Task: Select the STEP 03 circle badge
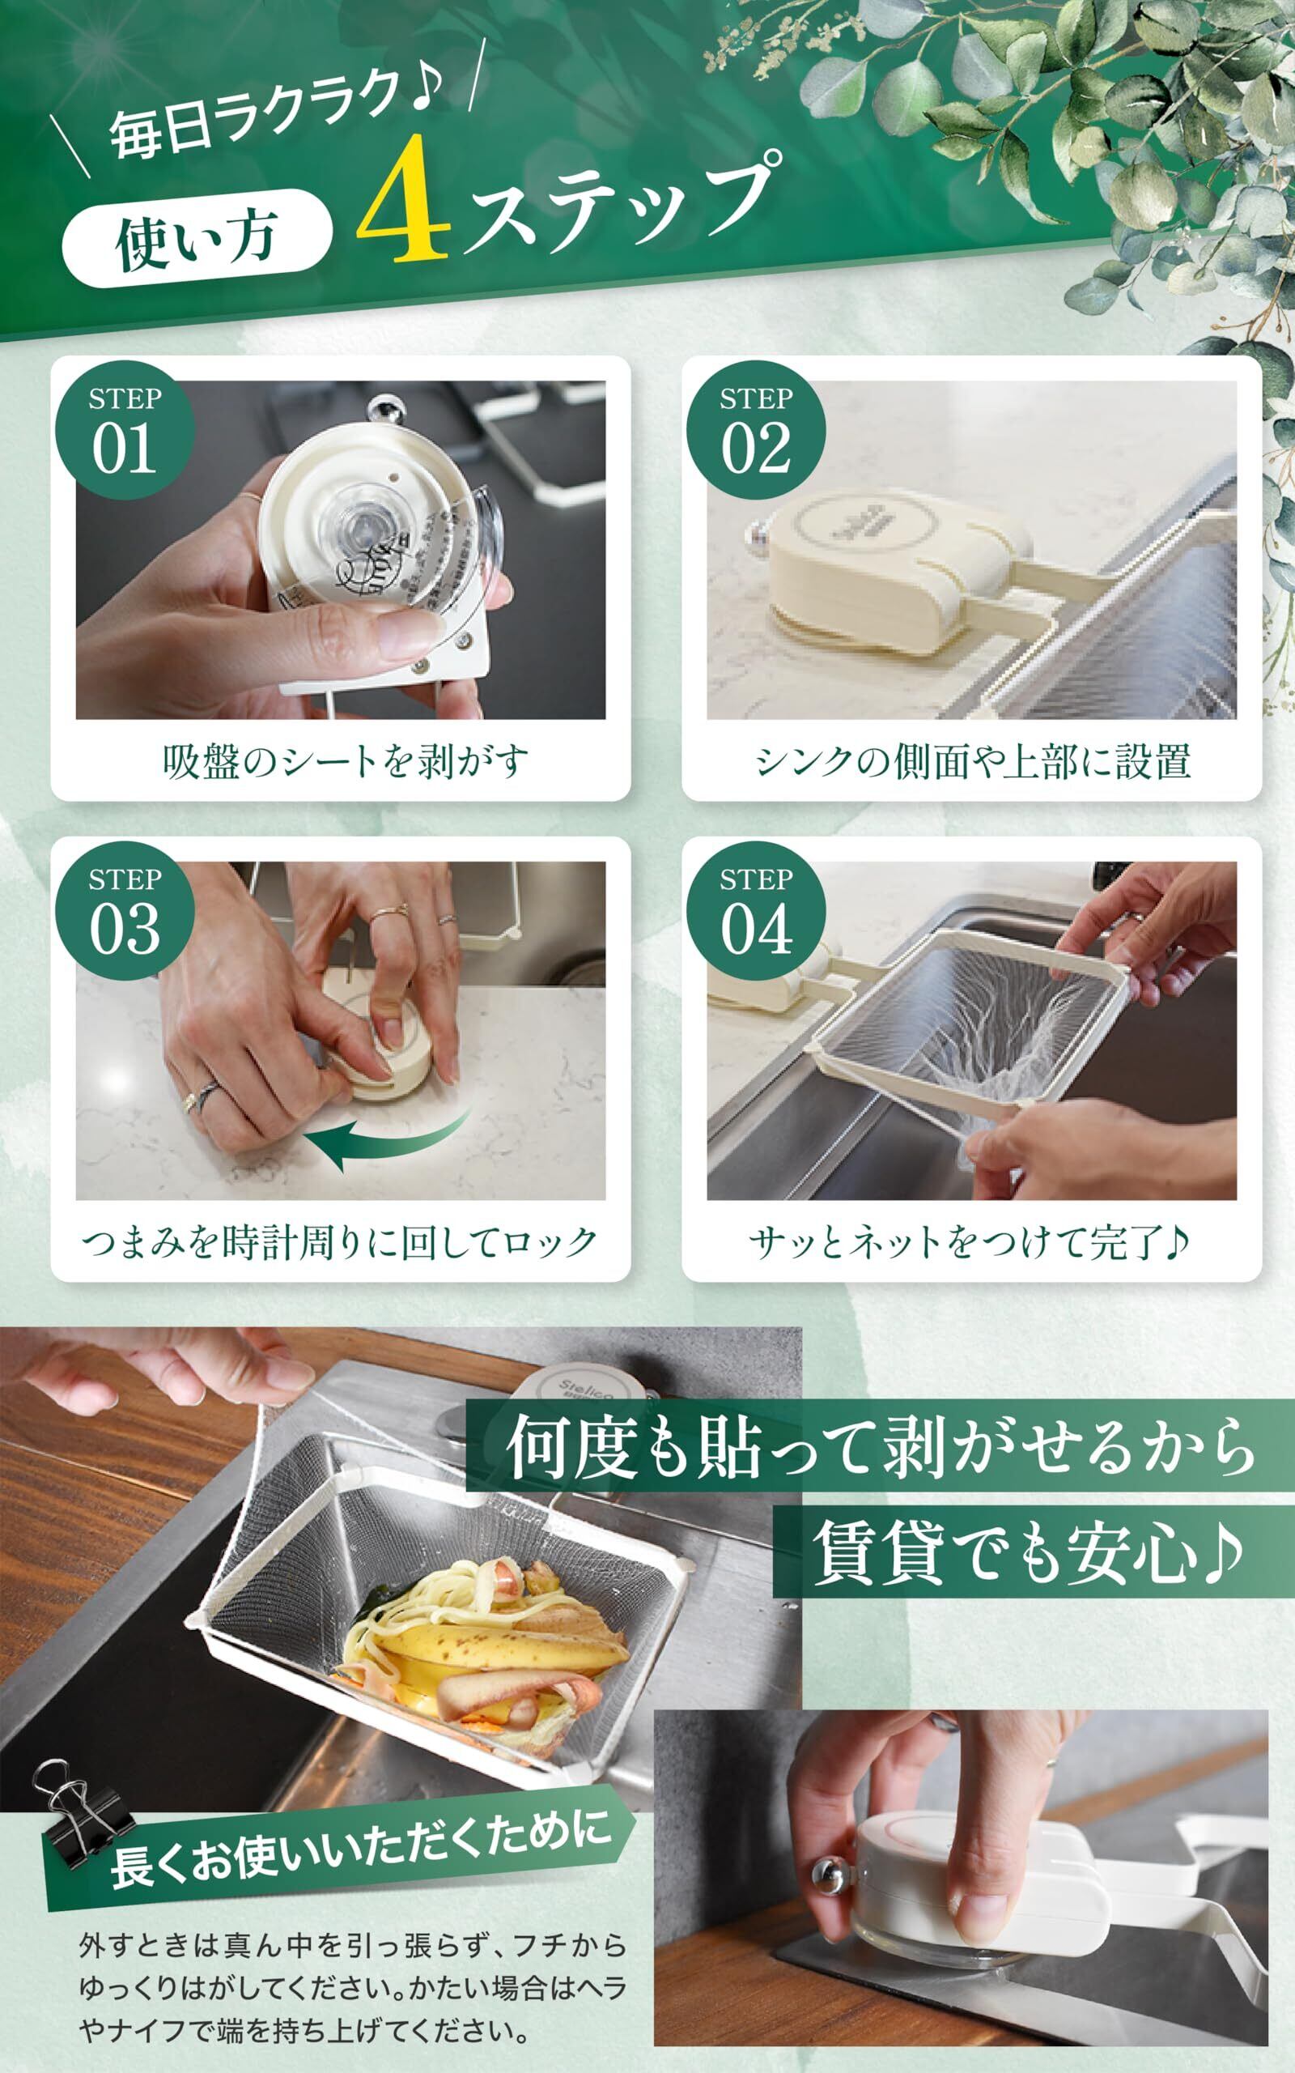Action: click(124, 912)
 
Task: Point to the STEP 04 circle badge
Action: click(756, 912)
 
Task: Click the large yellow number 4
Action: click(403, 198)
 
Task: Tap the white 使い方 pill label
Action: click(197, 238)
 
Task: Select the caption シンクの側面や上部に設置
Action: click(973, 761)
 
